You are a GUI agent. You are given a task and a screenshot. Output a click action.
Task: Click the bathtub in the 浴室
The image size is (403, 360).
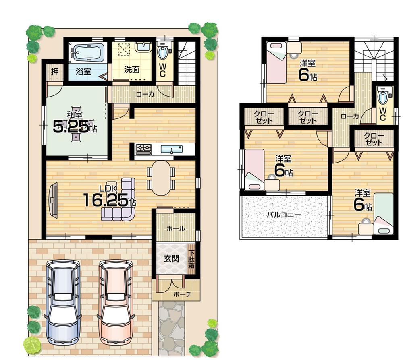[87, 53]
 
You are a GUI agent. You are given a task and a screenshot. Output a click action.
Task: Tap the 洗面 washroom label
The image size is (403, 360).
[131, 69]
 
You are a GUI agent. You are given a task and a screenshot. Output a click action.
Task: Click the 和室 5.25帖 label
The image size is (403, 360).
[75, 123]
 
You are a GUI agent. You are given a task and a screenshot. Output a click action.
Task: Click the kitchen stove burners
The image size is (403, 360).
[143, 149]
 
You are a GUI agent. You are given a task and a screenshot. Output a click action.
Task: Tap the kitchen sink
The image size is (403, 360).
[172, 149]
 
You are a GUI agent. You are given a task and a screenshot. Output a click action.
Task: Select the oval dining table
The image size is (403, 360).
[161, 178]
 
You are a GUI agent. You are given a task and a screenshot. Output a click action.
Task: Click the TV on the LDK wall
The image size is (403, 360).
[53, 200]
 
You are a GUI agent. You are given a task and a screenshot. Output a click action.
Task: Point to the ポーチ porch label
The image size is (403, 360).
[182, 294]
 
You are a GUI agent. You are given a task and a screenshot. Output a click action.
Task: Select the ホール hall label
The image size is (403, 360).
[176, 228]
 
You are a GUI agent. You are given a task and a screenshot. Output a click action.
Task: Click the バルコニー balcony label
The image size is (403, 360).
[283, 215]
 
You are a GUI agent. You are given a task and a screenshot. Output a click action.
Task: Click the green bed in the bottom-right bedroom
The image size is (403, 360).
[383, 213]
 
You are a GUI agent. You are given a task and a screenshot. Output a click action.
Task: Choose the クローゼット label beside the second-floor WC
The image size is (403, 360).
[374, 139]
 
